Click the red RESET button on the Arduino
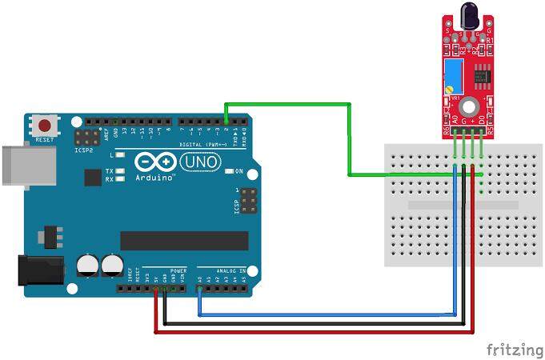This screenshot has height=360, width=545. click(x=46, y=125)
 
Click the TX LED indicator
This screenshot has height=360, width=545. click(x=119, y=171)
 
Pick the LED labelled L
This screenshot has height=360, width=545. click(x=119, y=154)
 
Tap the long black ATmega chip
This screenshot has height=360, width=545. click(x=184, y=240)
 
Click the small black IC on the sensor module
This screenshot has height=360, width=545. click(x=479, y=75)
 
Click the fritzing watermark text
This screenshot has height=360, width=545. click(x=513, y=350)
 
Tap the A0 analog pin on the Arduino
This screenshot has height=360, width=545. click(x=198, y=286)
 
